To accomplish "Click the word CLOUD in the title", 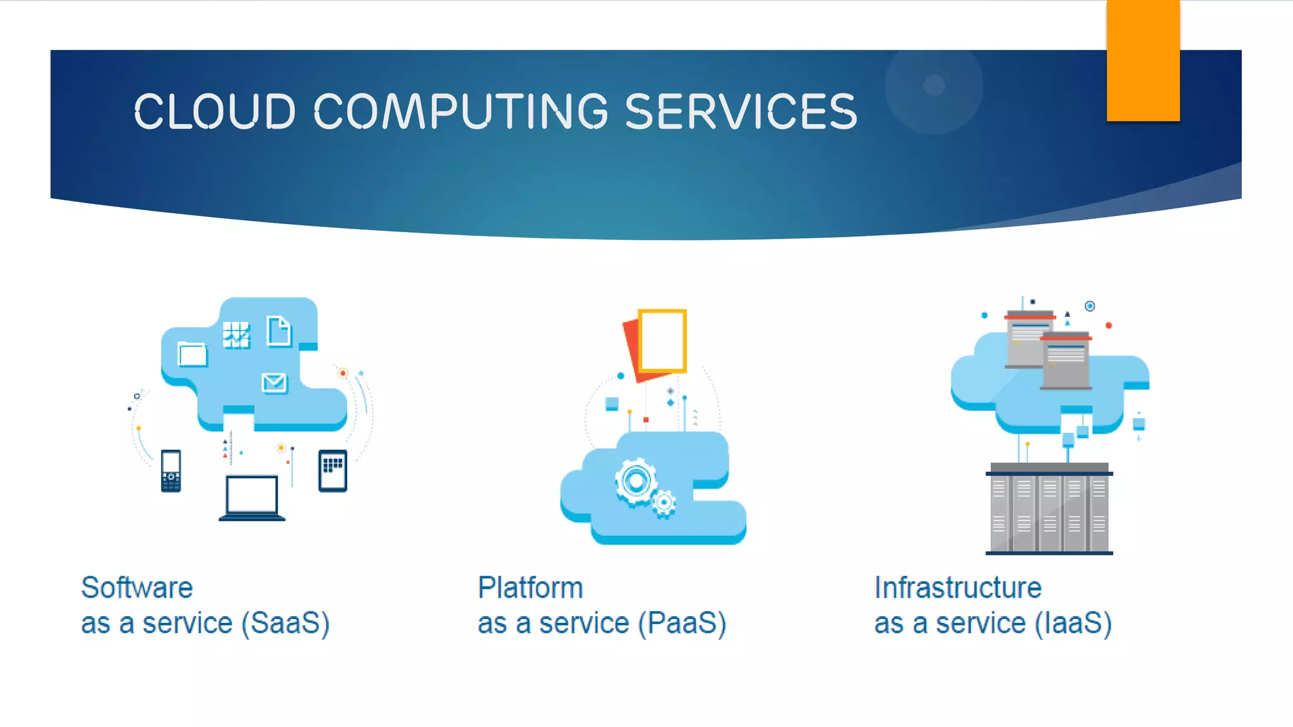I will click(x=215, y=112).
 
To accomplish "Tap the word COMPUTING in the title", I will click(x=461, y=112).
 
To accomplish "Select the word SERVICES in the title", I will click(x=741, y=112).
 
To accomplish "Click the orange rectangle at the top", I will click(x=1143, y=60).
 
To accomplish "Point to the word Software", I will click(x=137, y=588).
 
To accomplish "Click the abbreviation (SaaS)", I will click(x=286, y=624).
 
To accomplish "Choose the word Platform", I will click(x=530, y=588).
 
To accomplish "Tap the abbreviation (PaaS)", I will click(x=682, y=624).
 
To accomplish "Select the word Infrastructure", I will click(x=958, y=588).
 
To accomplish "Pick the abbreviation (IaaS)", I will click(x=1073, y=624).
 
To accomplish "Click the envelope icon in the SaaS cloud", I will click(x=274, y=382).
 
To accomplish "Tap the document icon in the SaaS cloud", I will click(x=278, y=331).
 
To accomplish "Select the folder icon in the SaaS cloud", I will click(x=192, y=353).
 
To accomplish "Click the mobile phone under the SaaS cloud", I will click(x=171, y=471).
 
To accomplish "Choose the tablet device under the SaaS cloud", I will click(x=333, y=471).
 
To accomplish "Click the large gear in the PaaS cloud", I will click(x=636, y=482).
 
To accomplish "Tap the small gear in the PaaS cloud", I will click(x=664, y=503).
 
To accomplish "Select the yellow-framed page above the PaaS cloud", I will click(x=662, y=340).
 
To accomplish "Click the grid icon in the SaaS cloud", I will click(x=236, y=335).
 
